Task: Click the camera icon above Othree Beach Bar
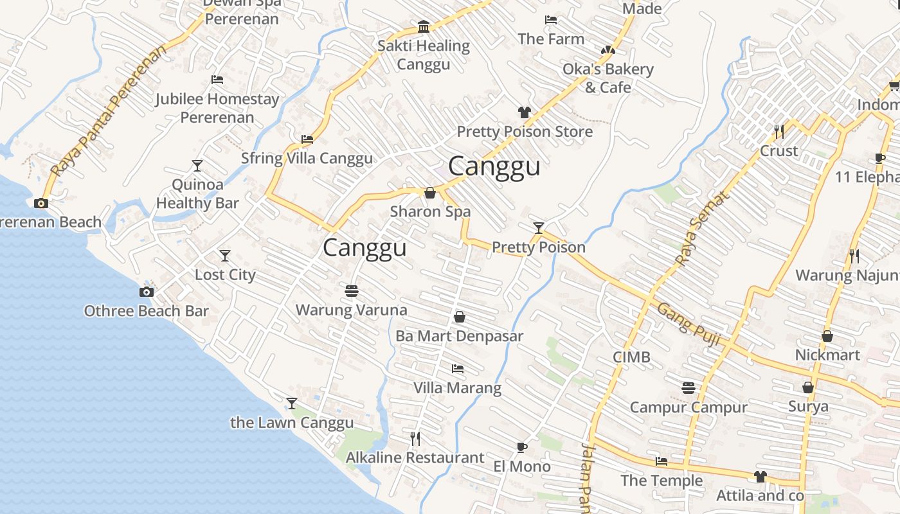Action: (x=147, y=292)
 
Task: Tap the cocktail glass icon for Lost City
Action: (x=225, y=256)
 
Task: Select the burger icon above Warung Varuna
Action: (x=351, y=291)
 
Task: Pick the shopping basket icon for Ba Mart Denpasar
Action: (x=460, y=317)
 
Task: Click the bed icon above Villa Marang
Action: (x=458, y=369)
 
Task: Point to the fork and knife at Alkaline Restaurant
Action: (x=415, y=439)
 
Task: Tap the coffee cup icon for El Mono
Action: (x=522, y=447)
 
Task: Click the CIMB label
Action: (x=631, y=357)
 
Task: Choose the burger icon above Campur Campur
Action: (x=688, y=388)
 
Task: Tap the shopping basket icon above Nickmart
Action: (x=827, y=336)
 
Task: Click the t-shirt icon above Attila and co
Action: (x=760, y=477)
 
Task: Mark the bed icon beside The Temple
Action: (x=661, y=461)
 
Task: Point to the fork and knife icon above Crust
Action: (x=779, y=132)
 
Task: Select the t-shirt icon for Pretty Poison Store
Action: (x=525, y=112)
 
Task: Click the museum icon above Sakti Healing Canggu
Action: (x=424, y=27)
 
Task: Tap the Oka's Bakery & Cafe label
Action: (x=607, y=78)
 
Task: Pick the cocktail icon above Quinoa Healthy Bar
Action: (x=197, y=166)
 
